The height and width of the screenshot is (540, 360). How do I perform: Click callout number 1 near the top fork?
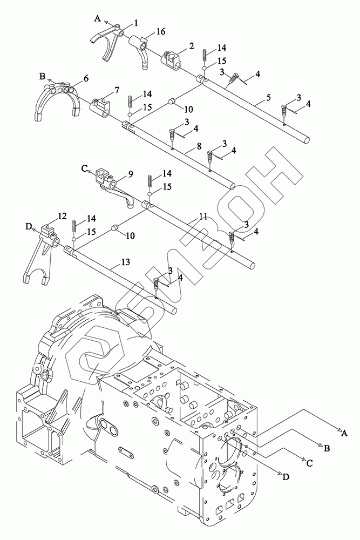(x=136, y=23)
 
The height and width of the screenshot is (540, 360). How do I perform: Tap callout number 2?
(x=192, y=48)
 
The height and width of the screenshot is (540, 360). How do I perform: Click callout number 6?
(x=86, y=79)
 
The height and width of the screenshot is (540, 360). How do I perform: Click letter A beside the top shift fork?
(x=98, y=18)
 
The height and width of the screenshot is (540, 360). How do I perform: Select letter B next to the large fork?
(x=43, y=76)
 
